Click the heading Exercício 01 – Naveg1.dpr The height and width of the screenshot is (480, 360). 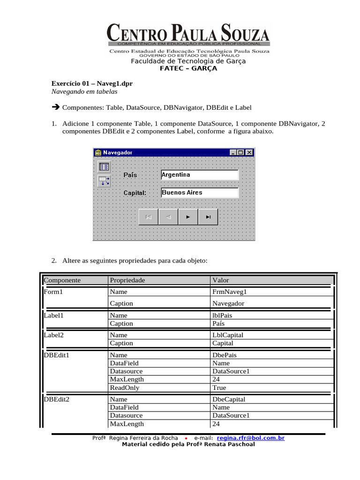pyautogui.click(x=92, y=84)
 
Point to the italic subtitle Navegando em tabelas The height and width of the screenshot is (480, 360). pyautogui.click(x=84, y=92)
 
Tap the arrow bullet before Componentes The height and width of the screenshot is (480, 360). pyautogui.click(x=55, y=108)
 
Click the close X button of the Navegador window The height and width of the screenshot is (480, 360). pyautogui.click(x=249, y=152)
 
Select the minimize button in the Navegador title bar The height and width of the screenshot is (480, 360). pyautogui.click(x=233, y=152)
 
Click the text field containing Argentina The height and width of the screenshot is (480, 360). pyautogui.click(x=199, y=175)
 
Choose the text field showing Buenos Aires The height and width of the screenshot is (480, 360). pyautogui.click(x=199, y=193)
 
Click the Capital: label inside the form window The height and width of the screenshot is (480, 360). pyautogui.click(x=135, y=193)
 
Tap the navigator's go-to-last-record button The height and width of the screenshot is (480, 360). pyautogui.click(x=208, y=217)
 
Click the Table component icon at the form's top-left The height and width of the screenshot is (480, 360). pyautogui.click(x=104, y=166)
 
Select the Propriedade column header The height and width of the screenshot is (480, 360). pyautogui.click(x=127, y=280)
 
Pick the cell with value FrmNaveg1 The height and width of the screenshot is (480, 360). pyautogui.click(x=229, y=292)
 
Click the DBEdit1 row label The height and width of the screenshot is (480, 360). pyautogui.click(x=56, y=355)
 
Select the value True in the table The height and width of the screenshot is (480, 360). pyautogui.click(x=219, y=388)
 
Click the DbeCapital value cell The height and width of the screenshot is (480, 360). pyautogui.click(x=229, y=399)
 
